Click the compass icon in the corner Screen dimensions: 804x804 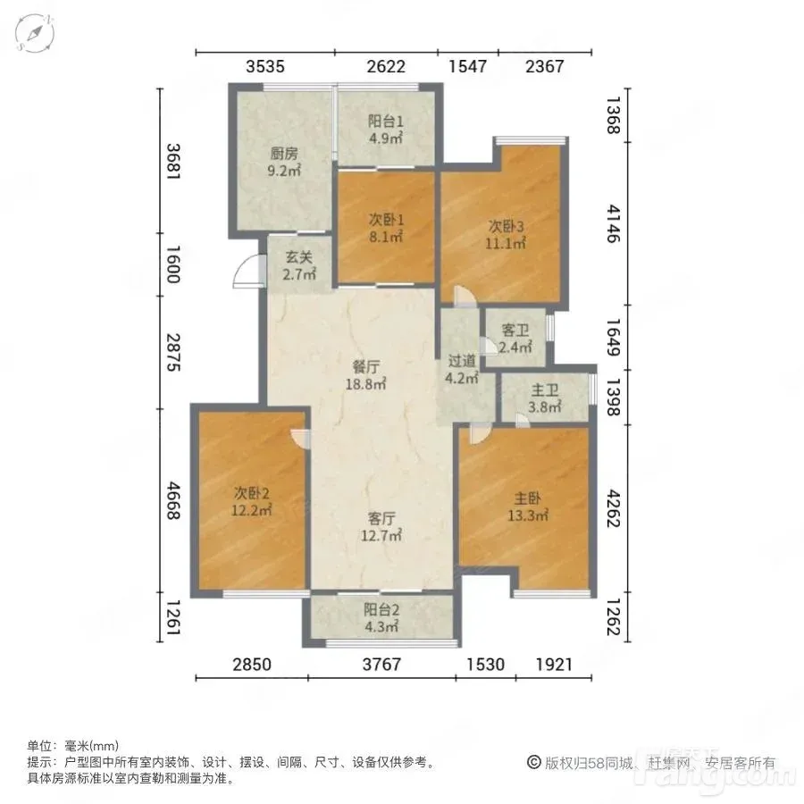35,33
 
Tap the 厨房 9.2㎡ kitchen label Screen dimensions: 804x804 284,162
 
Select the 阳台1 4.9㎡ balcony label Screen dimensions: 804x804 386,130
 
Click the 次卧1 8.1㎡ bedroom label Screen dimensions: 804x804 386,228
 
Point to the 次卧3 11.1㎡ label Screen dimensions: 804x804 506,234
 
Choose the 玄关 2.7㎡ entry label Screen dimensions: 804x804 299,265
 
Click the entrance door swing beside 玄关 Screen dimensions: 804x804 247,272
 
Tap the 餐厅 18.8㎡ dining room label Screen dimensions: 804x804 365,375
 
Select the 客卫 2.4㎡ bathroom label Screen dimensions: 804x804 515,339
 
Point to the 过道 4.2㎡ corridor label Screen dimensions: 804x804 462,369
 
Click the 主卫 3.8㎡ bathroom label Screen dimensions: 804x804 545,399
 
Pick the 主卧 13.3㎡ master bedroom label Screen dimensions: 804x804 528,507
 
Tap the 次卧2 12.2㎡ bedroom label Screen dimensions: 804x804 251,501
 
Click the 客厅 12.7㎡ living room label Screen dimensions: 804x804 381,527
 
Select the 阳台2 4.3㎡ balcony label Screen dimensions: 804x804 381,618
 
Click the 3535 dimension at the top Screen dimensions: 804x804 265,67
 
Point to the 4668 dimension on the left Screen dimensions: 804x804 174,500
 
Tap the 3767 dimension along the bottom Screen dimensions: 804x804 381,665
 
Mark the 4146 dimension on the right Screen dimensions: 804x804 613,223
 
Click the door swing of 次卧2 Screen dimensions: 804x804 300,439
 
